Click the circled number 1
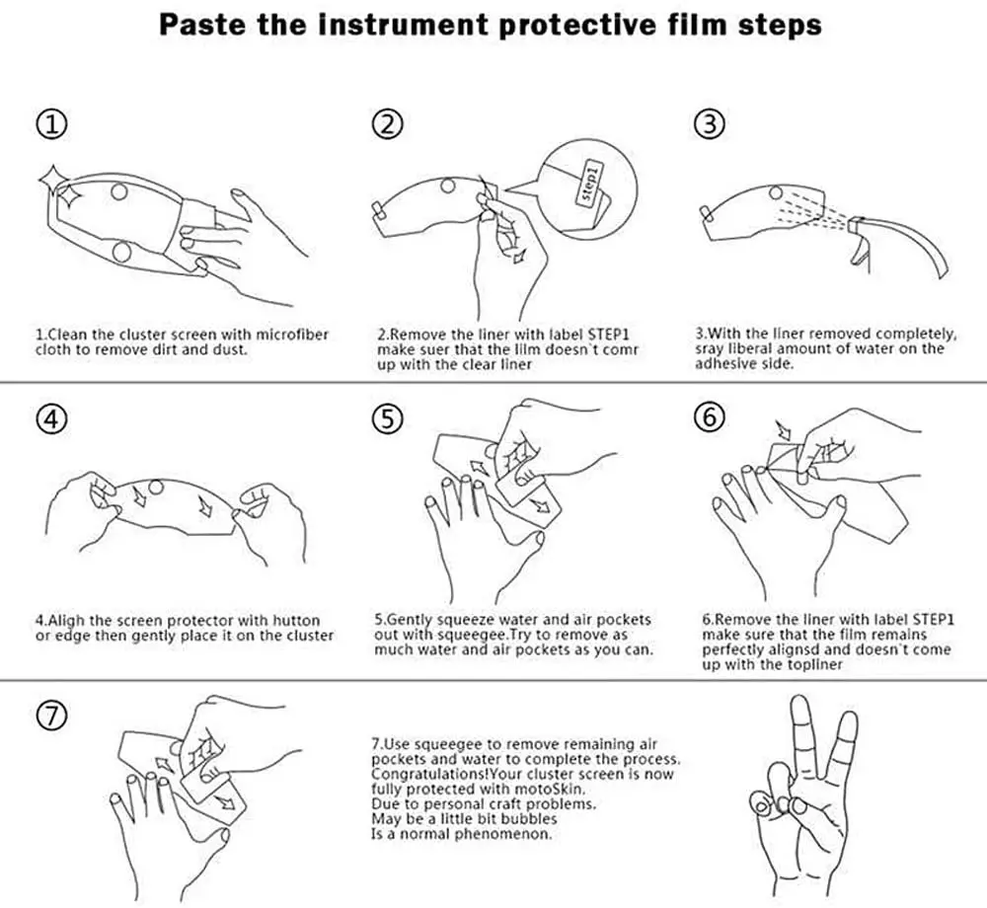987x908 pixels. (52, 124)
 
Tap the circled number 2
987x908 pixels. (388, 124)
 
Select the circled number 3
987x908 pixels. (710, 124)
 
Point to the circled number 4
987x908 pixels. (52, 417)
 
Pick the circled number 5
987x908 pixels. (388, 417)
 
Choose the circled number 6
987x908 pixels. (710, 416)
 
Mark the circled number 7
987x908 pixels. (52, 715)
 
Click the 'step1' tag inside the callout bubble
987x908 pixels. (591, 183)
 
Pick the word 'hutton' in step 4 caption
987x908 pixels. (296, 621)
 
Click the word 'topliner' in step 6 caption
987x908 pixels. (814, 664)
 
